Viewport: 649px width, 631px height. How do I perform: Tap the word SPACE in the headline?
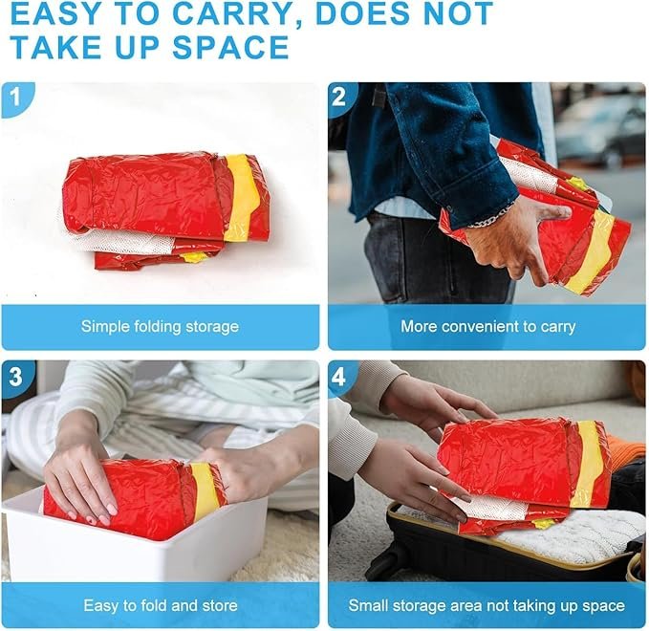(x=230, y=47)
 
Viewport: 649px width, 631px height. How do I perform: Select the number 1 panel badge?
(x=16, y=98)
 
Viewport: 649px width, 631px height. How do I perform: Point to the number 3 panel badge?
(x=15, y=377)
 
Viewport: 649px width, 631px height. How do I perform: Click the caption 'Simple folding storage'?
(x=160, y=327)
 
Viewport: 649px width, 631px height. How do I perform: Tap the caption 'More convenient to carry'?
(x=488, y=327)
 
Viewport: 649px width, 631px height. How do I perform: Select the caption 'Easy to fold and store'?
(x=161, y=606)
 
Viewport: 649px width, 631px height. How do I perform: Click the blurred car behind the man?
(x=600, y=127)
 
